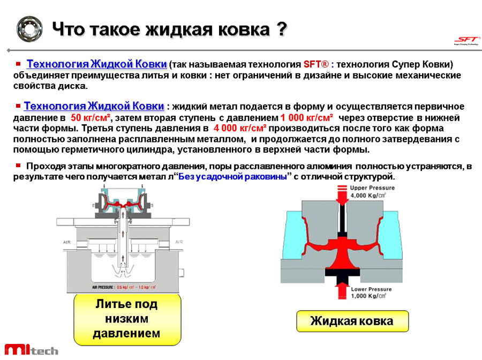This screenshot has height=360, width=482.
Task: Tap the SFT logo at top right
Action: (464, 41)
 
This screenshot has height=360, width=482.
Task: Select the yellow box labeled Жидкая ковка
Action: (352, 321)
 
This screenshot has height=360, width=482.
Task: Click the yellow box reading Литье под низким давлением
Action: (127, 319)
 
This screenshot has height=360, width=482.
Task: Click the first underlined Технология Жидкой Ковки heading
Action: (97, 64)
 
